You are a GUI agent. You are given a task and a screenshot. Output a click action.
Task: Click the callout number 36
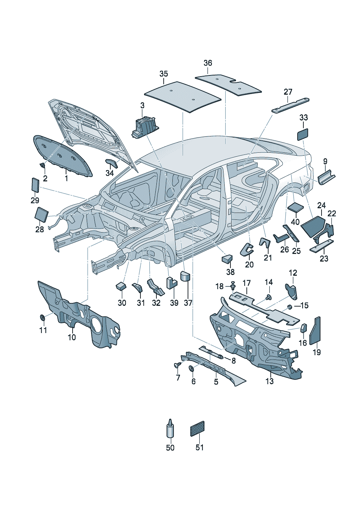click(208, 63)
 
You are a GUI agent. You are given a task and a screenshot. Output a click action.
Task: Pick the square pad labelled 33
click(303, 134)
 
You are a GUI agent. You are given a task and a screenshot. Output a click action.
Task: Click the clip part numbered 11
click(42, 317)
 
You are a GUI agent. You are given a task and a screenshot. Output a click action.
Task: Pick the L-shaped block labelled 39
click(172, 283)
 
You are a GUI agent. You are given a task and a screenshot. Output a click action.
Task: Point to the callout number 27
click(288, 92)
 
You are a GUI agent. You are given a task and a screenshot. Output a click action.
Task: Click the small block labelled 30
click(121, 286)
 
